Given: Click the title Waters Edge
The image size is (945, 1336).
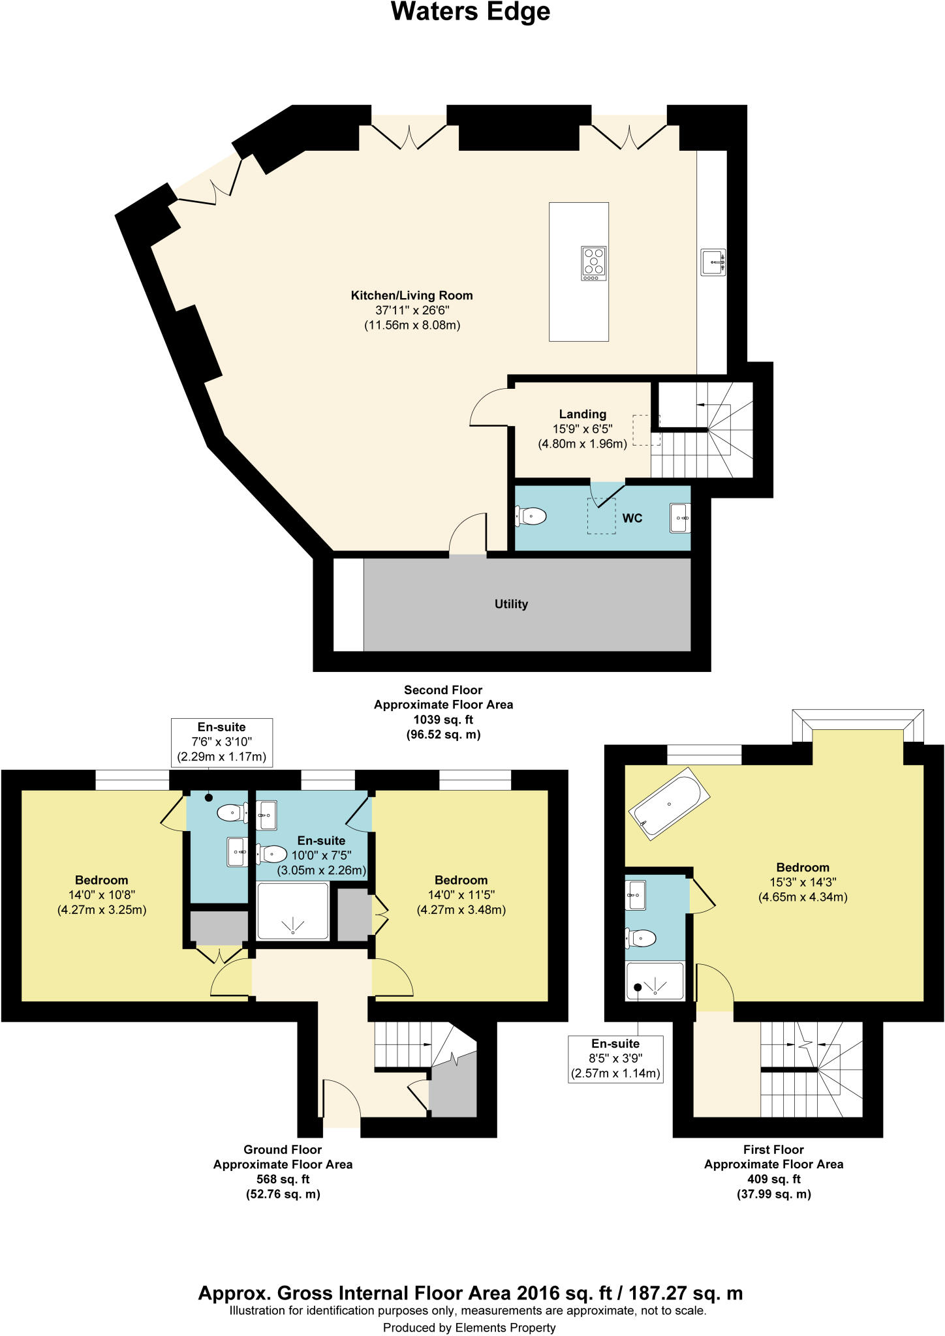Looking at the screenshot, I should [471, 12].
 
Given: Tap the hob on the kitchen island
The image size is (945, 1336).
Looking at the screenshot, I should [593, 263].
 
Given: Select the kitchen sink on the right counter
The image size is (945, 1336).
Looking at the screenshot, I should [713, 262].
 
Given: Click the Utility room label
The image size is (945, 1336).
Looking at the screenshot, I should [511, 604].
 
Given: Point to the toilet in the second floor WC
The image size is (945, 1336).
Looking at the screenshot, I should [531, 517].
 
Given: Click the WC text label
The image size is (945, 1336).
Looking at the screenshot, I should [632, 519].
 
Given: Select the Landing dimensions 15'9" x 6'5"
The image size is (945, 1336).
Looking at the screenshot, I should [582, 429].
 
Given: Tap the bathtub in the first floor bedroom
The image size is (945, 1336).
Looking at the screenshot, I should [669, 805].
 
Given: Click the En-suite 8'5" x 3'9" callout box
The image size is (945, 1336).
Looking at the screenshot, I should [615, 1059].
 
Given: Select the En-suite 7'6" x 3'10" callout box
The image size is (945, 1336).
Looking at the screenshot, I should [221, 742].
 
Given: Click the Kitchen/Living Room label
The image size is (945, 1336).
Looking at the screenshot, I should [412, 296].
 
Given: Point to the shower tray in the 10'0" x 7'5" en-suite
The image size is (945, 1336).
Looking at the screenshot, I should [293, 911].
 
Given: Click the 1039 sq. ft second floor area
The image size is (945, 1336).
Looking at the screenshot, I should [443, 720].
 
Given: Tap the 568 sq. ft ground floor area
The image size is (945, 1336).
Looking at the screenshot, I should [283, 1179].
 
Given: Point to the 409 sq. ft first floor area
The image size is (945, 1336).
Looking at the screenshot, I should [773, 1179].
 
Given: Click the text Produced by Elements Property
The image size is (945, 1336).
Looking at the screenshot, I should [469, 1328].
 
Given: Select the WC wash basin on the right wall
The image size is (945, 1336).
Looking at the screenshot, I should [680, 518].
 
